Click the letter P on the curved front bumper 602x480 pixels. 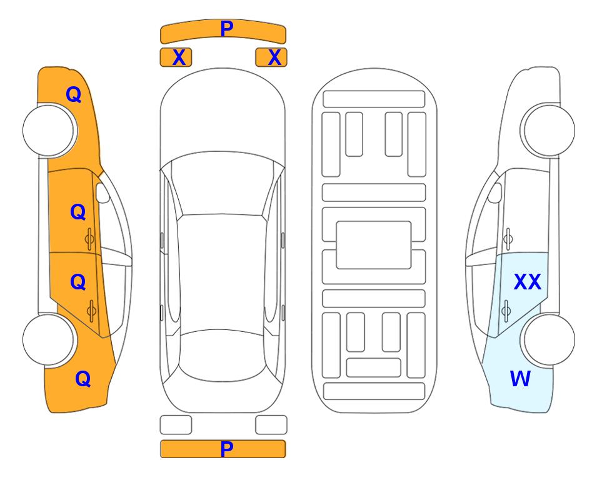pos(226,29)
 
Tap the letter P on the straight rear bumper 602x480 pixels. pos(226,449)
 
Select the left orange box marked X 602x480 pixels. pos(176,57)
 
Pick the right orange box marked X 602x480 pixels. pos(271,57)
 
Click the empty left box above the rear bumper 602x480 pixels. pos(176,425)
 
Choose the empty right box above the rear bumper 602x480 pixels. pos(271,425)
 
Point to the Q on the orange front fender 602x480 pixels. pos(74,94)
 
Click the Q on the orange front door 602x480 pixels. pos(78,212)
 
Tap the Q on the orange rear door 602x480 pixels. pos(78,282)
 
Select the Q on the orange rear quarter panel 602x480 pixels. pos(83,379)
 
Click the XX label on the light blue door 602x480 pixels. pos(528,282)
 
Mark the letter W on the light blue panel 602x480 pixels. pos(520,379)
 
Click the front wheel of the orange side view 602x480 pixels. pos(49,130)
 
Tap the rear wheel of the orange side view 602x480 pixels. pos(49,339)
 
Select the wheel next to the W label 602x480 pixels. pos(548,339)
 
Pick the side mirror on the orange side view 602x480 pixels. pos(103,192)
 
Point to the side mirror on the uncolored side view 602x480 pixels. pos(495,192)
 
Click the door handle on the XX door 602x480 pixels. pos(506,311)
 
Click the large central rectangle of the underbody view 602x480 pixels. pos(374,245)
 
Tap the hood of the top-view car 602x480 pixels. pos(223,115)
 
